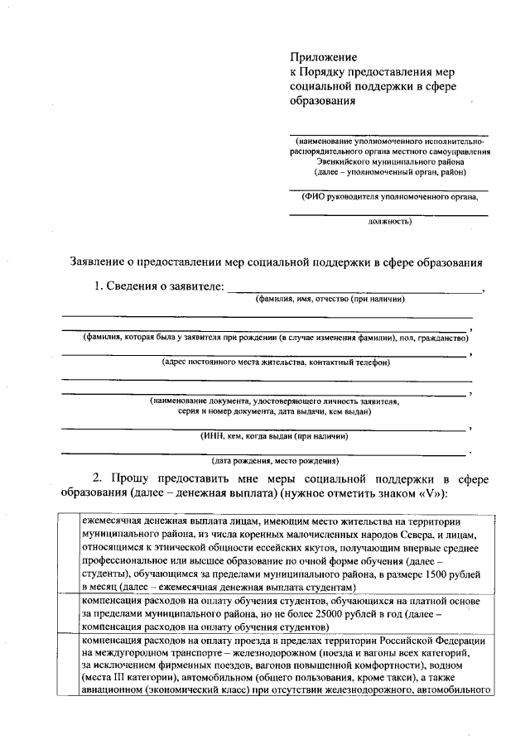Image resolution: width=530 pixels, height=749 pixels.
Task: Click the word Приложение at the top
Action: click(x=323, y=57)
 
